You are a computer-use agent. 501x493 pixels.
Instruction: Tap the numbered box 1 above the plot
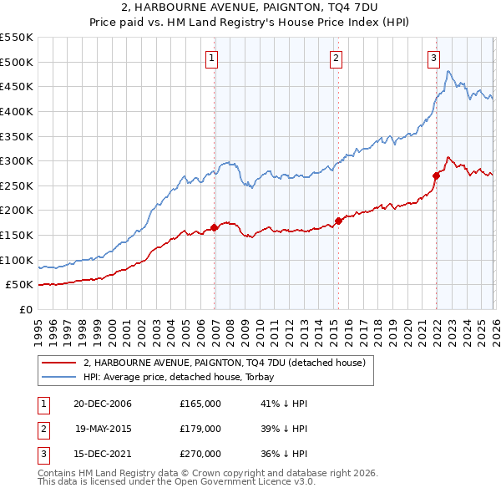[x=212, y=58]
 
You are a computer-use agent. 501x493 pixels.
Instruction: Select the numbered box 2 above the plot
[x=336, y=58]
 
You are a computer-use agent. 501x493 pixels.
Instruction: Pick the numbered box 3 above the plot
[x=434, y=58]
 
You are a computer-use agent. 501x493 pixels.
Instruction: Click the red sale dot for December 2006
[x=215, y=226]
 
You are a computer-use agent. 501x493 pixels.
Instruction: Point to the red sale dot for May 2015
[x=339, y=221]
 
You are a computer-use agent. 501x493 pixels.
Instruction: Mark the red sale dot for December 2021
[x=436, y=175]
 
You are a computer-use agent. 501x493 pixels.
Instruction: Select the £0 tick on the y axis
[x=26, y=309]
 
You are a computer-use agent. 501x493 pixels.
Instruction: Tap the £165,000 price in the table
[x=200, y=404]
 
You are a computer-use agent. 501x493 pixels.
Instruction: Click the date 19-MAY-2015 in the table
[x=104, y=429]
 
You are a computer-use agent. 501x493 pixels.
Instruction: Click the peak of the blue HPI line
[x=448, y=72]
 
